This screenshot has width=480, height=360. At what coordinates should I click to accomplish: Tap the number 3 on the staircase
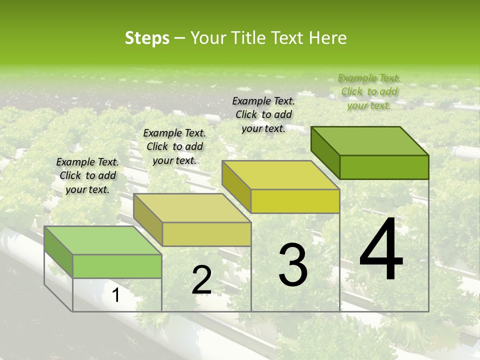pyautogui.click(x=292, y=264)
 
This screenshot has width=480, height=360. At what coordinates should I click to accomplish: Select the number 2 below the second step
pyautogui.click(x=201, y=280)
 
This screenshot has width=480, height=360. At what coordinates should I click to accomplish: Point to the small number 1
pyautogui.click(x=116, y=295)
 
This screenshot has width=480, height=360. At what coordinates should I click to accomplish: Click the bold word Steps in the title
pyautogui.click(x=147, y=38)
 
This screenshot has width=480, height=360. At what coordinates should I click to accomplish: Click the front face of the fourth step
pyautogui.click(x=384, y=167)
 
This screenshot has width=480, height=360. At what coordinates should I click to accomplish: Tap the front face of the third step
pyautogui.click(x=295, y=201)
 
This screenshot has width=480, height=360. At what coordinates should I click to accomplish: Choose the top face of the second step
pyautogui.click(x=192, y=208)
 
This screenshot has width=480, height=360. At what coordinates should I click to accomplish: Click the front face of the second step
pyautogui.click(x=206, y=234)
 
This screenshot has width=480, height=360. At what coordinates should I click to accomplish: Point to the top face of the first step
pyautogui.click(x=103, y=240)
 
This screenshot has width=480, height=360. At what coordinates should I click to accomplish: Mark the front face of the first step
pyautogui.click(x=117, y=266)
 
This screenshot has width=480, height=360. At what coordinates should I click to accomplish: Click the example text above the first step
pyautogui.click(x=87, y=175)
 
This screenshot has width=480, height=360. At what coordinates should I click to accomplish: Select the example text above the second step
pyautogui.click(x=174, y=146)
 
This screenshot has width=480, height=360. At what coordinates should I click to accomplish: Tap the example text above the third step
pyautogui.click(x=263, y=114)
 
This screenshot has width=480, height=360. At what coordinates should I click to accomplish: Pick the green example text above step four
pyautogui.click(x=369, y=91)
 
